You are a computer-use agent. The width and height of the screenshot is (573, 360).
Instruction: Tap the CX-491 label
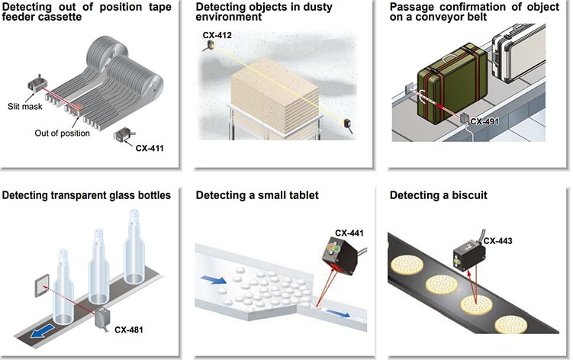coord(486,121)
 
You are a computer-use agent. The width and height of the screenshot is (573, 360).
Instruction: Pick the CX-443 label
coord(497,241)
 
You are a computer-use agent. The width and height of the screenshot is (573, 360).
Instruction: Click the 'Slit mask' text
coord(24,105)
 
